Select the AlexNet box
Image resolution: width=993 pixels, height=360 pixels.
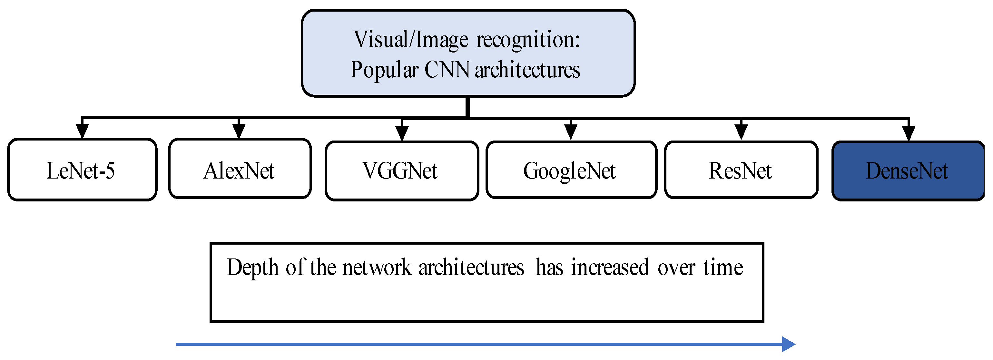(x=239, y=169)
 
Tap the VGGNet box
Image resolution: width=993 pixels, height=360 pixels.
(x=401, y=171)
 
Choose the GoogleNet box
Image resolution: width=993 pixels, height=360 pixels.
(x=571, y=170)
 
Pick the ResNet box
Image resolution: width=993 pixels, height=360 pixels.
(x=741, y=170)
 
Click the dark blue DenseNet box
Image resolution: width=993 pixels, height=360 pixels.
(x=908, y=171)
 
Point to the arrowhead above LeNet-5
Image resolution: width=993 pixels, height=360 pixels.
(x=82, y=131)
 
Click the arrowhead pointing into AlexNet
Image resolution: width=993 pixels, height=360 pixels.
(x=239, y=131)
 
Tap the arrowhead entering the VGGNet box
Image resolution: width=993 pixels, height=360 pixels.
(x=402, y=133)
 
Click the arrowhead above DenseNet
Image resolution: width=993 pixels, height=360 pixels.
(x=909, y=134)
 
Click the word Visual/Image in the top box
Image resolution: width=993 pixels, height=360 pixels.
(x=410, y=40)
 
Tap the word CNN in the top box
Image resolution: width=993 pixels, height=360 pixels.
(x=447, y=70)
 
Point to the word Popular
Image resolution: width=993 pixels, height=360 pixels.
(x=384, y=70)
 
